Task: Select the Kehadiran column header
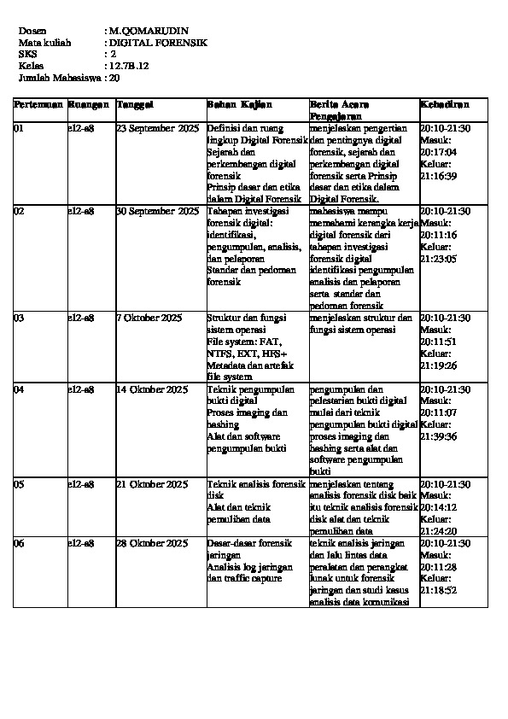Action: click(444, 104)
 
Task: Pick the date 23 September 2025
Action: click(157, 128)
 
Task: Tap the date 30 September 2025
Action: click(157, 210)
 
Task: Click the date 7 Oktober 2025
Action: click(149, 318)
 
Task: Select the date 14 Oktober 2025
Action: click(152, 389)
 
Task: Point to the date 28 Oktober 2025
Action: click(152, 543)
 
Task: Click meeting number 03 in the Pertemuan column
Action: click(20, 318)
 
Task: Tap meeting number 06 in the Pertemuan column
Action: click(20, 543)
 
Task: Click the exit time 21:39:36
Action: click(439, 436)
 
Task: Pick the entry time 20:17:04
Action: click(439, 152)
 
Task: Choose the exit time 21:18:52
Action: click(439, 590)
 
